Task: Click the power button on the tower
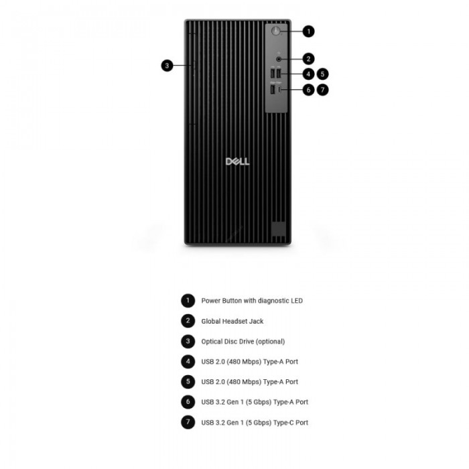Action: [x=275, y=31]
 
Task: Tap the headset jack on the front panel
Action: [x=279, y=59]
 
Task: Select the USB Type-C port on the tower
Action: [x=279, y=89]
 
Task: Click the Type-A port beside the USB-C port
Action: [x=273, y=89]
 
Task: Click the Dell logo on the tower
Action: [x=237, y=161]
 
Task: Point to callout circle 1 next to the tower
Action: [x=308, y=31]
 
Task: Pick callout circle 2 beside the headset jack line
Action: [x=308, y=59]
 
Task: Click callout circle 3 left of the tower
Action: [x=167, y=66]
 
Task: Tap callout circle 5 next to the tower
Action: [x=322, y=74]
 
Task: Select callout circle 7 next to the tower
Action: [x=322, y=90]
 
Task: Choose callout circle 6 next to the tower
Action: [x=308, y=90]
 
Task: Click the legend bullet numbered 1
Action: [x=188, y=301]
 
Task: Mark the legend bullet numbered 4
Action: [x=188, y=362]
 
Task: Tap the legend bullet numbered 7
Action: [x=188, y=422]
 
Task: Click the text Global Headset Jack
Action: [x=232, y=321]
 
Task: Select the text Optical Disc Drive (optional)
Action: [x=243, y=342]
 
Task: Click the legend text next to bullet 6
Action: [x=255, y=402]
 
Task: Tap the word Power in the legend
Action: [x=210, y=301]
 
